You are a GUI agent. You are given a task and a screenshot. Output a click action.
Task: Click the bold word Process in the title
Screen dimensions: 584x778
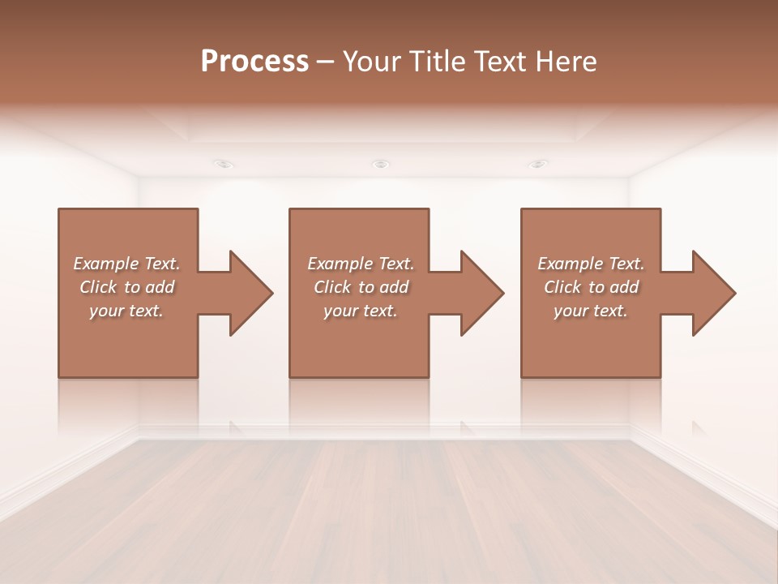pyautogui.click(x=254, y=62)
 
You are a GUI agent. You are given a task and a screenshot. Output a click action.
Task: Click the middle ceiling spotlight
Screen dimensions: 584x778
pyautogui.click(x=380, y=164)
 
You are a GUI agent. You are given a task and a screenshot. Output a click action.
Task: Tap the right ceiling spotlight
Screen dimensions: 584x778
pyautogui.click(x=537, y=164)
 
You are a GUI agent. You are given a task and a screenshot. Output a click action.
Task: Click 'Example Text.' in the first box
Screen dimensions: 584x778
pyautogui.click(x=126, y=264)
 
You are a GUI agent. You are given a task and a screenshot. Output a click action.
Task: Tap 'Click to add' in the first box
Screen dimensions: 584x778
pyautogui.click(x=126, y=287)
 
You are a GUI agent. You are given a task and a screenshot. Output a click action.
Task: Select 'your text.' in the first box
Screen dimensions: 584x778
pyautogui.click(x=126, y=311)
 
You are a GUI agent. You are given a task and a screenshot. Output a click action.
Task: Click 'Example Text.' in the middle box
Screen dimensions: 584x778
pyautogui.click(x=361, y=264)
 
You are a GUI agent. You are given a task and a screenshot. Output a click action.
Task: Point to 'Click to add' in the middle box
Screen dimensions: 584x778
pyautogui.click(x=361, y=287)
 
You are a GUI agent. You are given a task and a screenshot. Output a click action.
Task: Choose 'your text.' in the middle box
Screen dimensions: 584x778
pyautogui.click(x=361, y=311)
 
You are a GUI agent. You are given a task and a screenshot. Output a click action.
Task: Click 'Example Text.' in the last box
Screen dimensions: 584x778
pyautogui.click(x=591, y=264)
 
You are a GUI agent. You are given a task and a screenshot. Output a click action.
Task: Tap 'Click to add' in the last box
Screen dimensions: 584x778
pyautogui.click(x=591, y=287)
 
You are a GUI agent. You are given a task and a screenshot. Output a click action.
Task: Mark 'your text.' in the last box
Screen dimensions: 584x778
pyautogui.click(x=591, y=311)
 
